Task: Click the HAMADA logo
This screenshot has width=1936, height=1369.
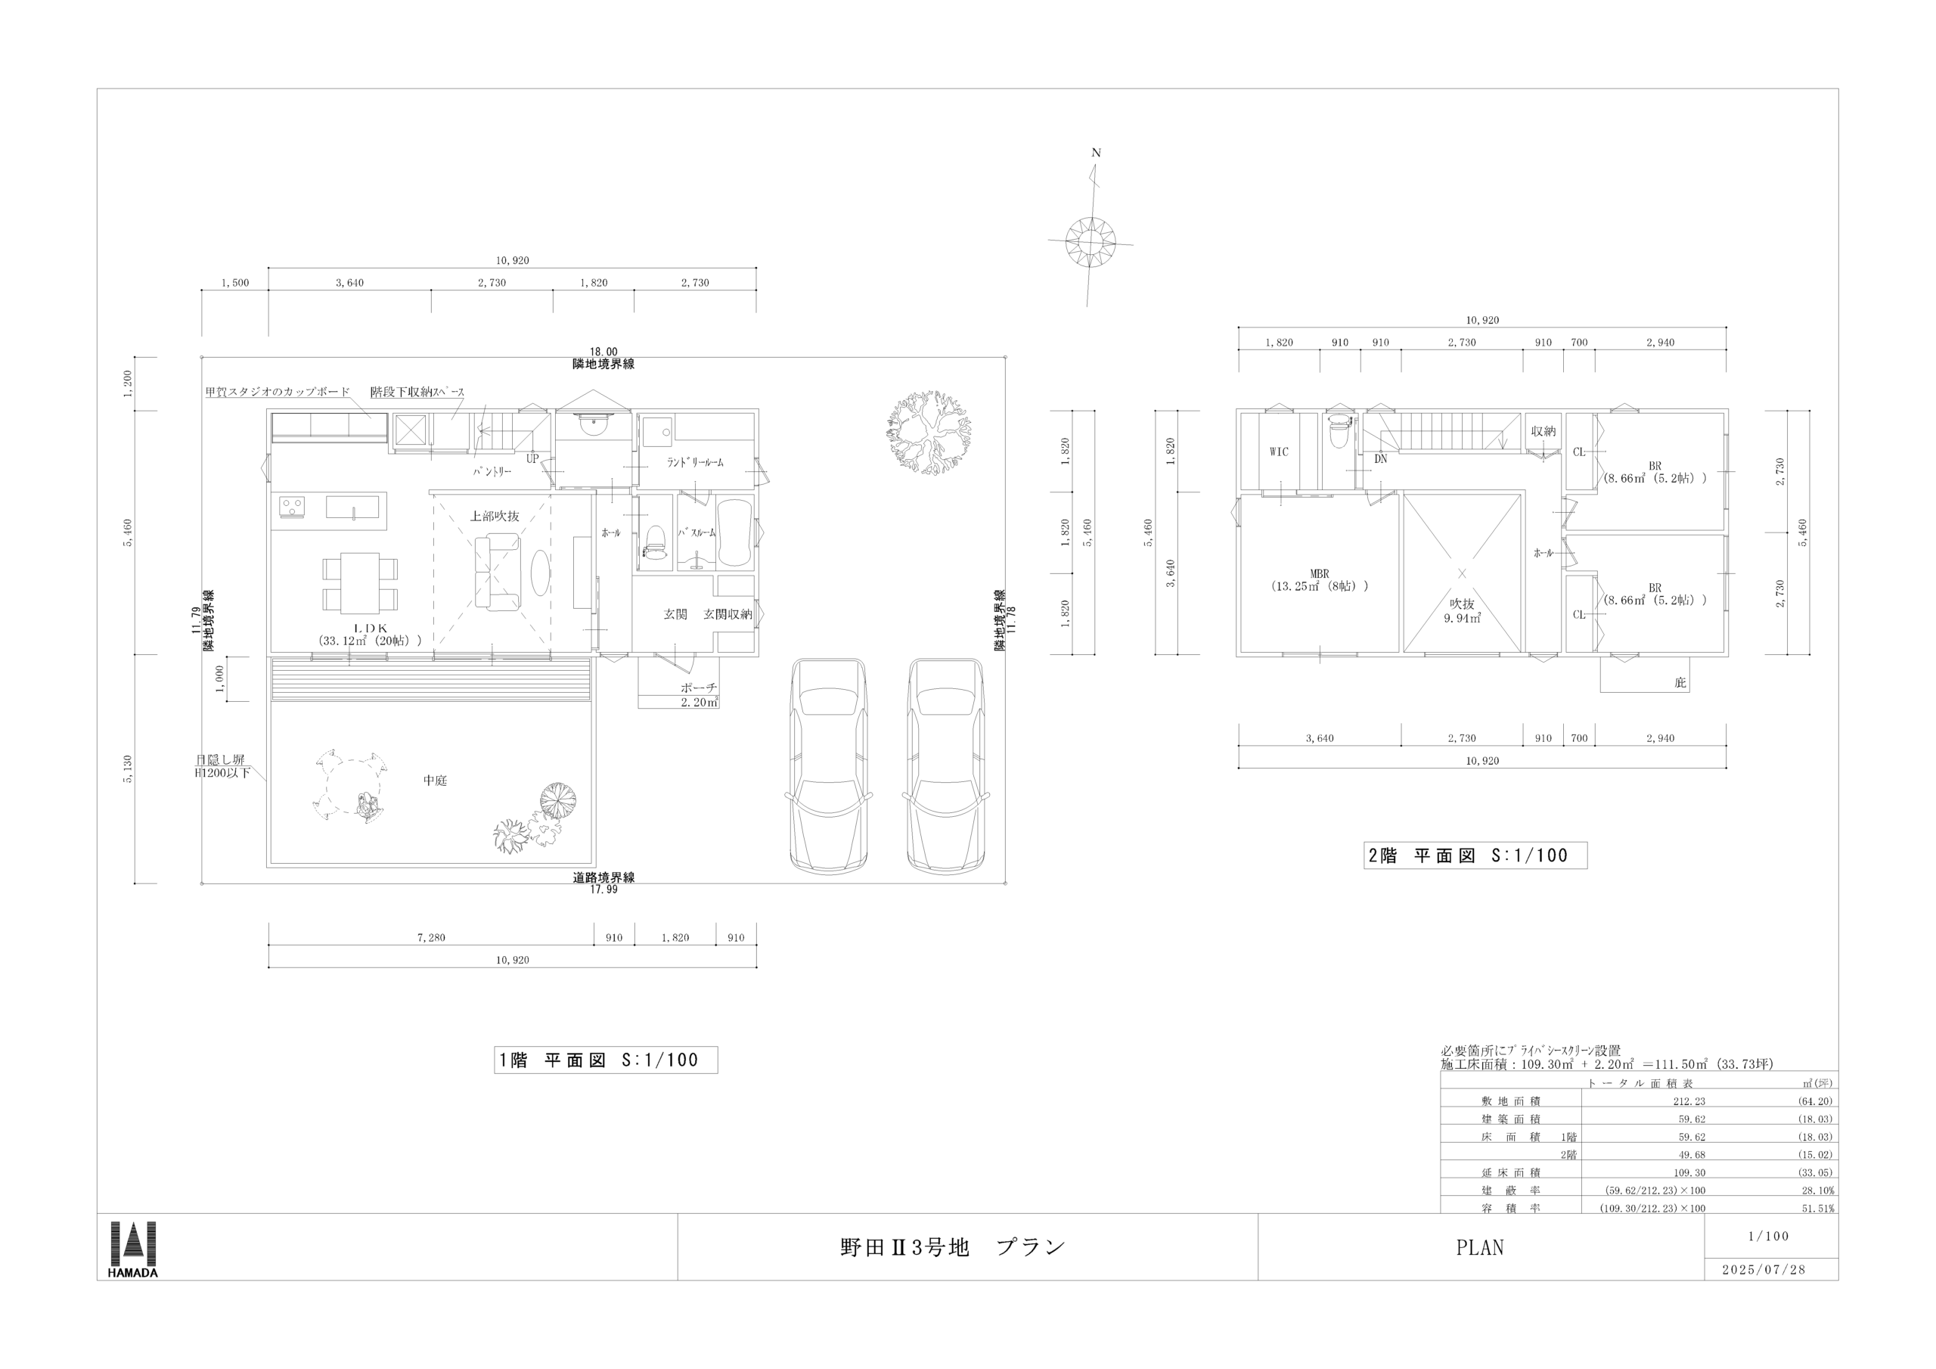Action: [133, 1249]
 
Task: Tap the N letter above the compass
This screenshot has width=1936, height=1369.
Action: [1096, 154]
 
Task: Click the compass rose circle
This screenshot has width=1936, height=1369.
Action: [1091, 242]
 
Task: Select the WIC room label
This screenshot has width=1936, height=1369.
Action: [1279, 452]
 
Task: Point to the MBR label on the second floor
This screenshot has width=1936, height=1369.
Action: [1320, 573]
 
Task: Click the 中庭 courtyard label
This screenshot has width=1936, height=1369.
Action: [435, 781]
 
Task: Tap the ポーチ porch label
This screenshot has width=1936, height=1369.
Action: [699, 688]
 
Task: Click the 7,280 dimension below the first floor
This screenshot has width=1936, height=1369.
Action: [431, 937]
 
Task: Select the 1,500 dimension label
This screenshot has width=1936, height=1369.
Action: [235, 283]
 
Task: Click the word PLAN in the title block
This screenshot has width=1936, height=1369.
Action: [1480, 1247]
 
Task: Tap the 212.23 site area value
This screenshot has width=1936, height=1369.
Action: [1692, 1101]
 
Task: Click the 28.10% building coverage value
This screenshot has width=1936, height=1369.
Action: [1819, 1191]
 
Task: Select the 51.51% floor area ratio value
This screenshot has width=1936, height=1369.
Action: [1819, 1209]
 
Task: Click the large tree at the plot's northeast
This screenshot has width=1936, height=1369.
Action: [929, 433]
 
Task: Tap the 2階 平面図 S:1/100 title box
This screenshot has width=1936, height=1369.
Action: [1475, 855]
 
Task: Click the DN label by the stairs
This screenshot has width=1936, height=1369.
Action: [1380, 460]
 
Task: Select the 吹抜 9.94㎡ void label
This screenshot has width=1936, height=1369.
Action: [1462, 610]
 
